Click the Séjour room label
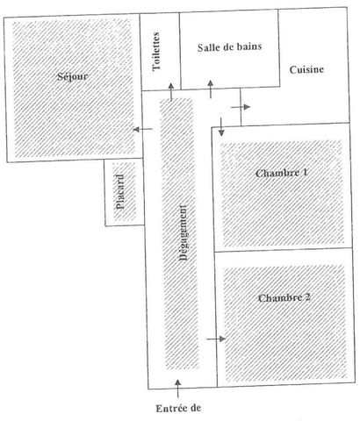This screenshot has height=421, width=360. coord(73,76)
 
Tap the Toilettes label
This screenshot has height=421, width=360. coord(156,51)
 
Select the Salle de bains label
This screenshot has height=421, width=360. coord(229,47)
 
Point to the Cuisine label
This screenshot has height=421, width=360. coord(306,69)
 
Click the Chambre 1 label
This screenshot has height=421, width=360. coord(282,173)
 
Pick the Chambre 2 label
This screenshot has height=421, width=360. coord(284,298)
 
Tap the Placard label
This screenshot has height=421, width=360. coord(120,192)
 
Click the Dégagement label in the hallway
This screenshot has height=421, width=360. coord(184,232)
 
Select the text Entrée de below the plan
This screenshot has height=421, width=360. coord(178,408)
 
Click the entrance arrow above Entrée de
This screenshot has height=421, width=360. coord(177,389)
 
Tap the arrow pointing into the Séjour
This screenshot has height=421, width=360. coord(143,129)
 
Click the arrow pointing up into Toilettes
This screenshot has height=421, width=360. coord(171,92)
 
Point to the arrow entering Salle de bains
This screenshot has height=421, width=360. coord(211,89)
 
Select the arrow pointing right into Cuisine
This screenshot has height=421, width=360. coord(241,107)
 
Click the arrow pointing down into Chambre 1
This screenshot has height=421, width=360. coord(221,126)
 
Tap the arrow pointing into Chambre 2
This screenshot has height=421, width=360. coord(216,339)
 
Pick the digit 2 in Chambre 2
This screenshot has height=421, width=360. coord(307,297)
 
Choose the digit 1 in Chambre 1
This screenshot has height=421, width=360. coord(306,173)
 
